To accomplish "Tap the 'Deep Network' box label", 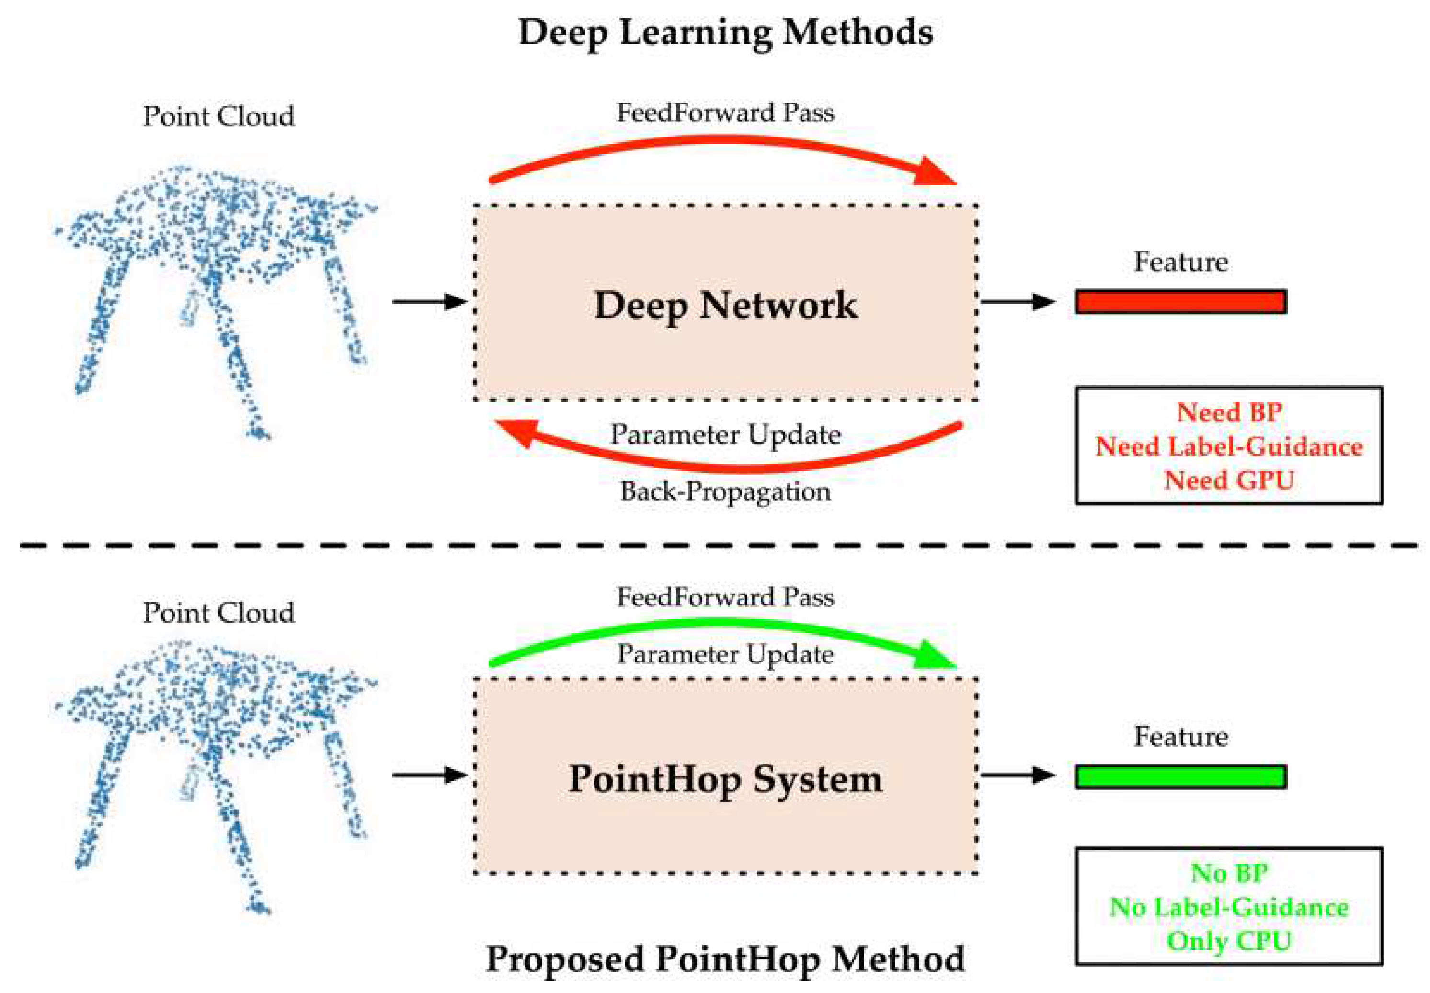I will point(726,305).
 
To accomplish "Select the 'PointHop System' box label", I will point(726,778).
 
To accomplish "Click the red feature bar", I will point(1180,302).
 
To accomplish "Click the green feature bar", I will point(1180,776).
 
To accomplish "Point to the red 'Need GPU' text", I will point(1229,480).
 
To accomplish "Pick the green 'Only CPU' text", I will point(1229,941).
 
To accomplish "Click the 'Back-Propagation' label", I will point(726,492).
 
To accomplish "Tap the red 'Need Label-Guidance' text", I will point(1229,446).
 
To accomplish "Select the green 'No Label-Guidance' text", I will point(1229,907).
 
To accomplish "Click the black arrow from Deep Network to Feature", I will point(1018,302).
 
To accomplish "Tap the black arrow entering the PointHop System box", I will point(429,775).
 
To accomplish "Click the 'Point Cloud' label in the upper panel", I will point(219,116).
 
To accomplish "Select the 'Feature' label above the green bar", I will point(1180,737).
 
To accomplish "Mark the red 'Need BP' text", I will point(1229,412).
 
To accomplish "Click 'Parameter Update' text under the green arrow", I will point(726,654).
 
